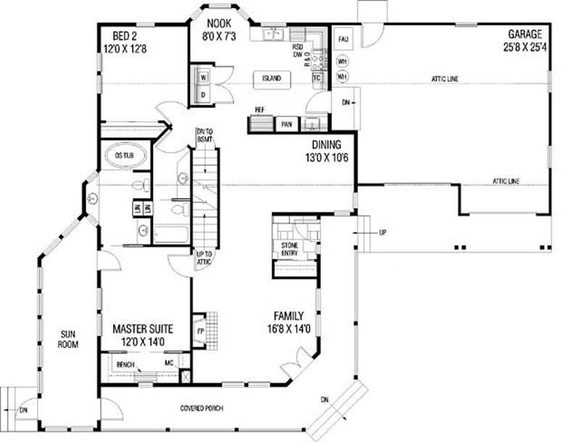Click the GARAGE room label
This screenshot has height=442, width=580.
pos(525,34)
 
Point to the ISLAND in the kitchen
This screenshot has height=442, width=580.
pos(272,78)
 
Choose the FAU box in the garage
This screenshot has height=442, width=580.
pos(341,38)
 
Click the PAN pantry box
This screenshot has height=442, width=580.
pos(286,125)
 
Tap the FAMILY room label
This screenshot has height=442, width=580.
pos(288,316)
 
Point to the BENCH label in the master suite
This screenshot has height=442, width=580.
pos(125,364)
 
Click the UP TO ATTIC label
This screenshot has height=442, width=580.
pos(204,258)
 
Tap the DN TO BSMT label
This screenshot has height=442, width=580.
pos(204,135)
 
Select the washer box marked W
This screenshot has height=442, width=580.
pos(204,76)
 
